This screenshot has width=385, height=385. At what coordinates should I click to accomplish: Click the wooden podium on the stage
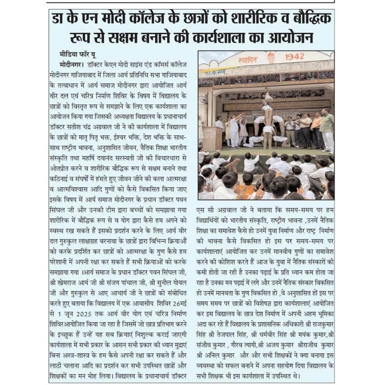pos(212,138)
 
